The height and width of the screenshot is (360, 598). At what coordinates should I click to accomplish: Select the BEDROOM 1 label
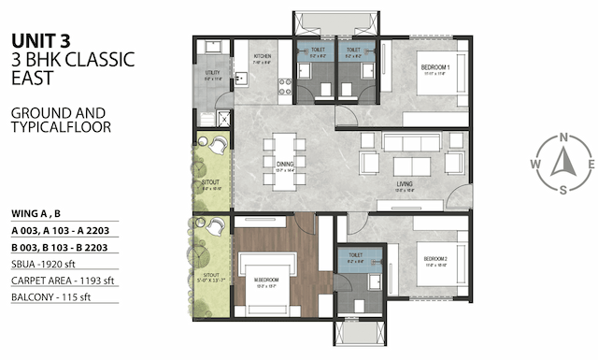[x=435, y=68]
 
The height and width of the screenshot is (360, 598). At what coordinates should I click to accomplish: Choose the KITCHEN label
[x=263, y=56]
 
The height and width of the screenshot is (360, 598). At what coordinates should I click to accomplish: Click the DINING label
[x=283, y=165]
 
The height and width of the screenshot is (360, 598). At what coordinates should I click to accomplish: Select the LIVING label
[x=405, y=184]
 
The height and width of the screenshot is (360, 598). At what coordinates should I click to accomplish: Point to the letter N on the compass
[x=564, y=137]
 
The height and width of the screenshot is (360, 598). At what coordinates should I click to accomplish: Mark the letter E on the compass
[x=591, y=165]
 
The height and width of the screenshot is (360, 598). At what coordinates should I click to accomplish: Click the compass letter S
[x=563, y=191]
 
